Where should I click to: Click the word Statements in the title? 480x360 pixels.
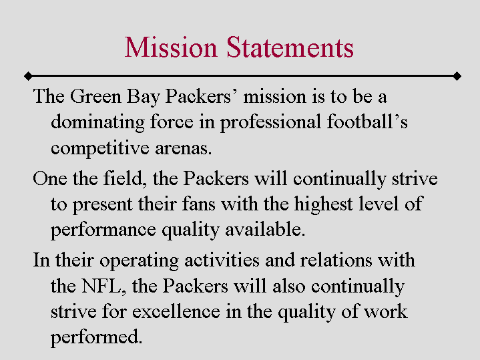point(290,48)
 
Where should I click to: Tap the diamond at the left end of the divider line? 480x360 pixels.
point(26,75)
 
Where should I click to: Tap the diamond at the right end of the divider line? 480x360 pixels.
point(457,75)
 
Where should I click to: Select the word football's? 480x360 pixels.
point(369,123)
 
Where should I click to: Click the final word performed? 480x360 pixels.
point(96,337)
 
